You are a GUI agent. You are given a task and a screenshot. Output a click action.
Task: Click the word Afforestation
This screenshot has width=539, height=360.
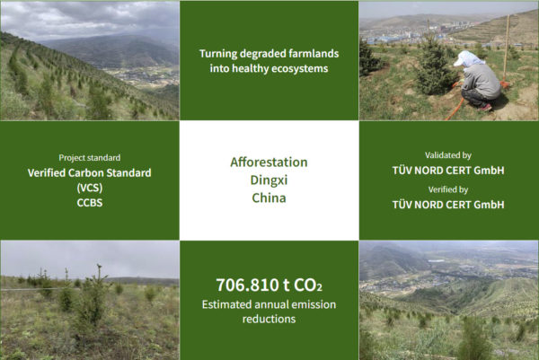(269, 162)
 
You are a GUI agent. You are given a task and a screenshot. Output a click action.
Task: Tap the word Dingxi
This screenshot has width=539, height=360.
(269, 180)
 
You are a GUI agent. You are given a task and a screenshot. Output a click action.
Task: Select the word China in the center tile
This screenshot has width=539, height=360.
(269, 198)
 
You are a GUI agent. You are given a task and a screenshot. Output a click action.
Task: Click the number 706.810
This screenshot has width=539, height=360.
(248, 285)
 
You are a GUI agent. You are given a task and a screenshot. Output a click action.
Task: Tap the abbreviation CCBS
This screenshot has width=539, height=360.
(90, 203)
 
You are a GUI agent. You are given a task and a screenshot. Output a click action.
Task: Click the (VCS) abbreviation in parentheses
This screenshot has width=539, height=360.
(90, 188)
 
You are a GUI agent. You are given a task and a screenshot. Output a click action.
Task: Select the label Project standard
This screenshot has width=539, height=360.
(90, 158)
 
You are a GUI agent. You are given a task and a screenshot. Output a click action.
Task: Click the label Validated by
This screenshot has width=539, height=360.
(448, 155)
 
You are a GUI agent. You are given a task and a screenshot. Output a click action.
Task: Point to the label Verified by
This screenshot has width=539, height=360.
(448, 189)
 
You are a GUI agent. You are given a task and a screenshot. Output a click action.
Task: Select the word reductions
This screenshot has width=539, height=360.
(269, 319)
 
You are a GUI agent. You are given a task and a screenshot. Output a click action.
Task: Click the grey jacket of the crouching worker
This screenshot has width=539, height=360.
(482, 82)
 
